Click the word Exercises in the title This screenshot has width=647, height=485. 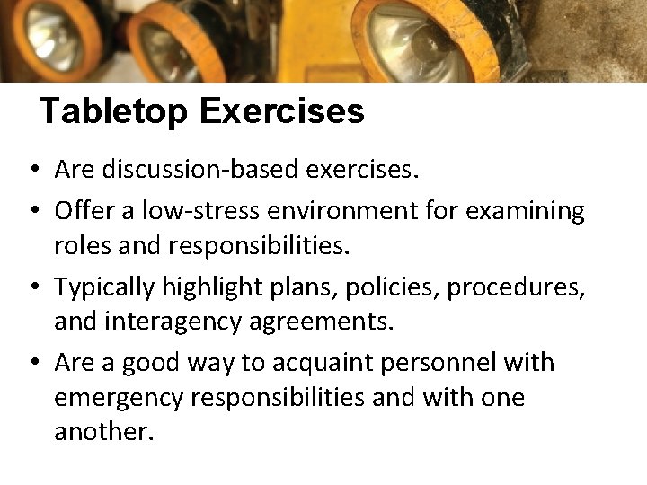pyautogui.click(x=282, y=111)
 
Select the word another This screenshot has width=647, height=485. pyautogui.click(x=103, y=432)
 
